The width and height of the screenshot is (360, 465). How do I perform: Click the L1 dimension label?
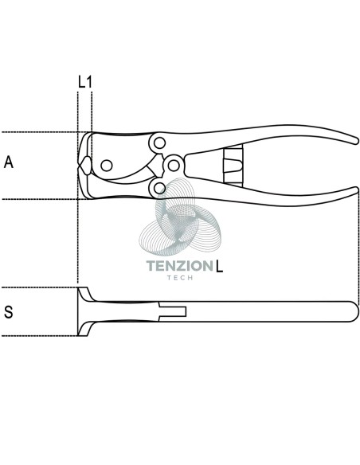(x=85, y=82)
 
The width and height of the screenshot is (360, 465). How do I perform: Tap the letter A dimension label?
(x=9, y=162)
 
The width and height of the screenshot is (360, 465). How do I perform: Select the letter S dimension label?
(x=9, y=312)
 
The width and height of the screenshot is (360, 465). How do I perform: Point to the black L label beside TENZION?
(x=219, y=266)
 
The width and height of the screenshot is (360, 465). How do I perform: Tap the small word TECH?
(x=180, y=278)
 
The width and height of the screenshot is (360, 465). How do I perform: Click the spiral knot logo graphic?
(x=180, y=217)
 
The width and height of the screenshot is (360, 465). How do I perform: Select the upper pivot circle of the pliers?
(x=159, y=143)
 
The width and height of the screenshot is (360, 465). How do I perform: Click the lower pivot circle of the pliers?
(x=160, y=187)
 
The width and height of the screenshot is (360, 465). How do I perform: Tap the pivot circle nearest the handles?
(x=174, y=165)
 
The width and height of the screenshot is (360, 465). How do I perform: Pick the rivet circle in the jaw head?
(x=107, y=166)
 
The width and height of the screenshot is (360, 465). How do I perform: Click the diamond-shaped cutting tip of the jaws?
(x=85, y=166)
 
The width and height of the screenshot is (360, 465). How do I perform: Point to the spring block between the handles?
(x=233, y=166)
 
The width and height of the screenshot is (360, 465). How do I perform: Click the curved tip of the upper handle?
(x=355, y=141)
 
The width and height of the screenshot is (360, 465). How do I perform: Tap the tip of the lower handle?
(x=355, y=190)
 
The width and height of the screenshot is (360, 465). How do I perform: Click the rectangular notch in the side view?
(x=173, y=311)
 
